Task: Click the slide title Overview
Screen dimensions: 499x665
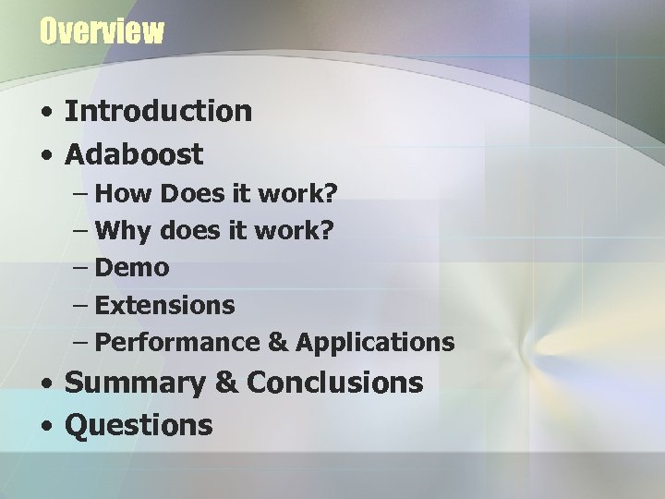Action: [x=102, y=32]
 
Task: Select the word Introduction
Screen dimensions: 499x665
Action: [x=158, y=112]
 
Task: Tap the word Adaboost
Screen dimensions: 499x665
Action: [x=134, y=154]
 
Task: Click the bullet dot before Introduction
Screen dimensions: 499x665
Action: [x=46, y=114]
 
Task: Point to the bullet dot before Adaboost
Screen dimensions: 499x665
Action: [x=46, y=156]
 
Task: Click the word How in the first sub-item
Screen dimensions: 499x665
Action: [x=124, y=194]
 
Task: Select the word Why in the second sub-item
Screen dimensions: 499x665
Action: [x=124, y=231]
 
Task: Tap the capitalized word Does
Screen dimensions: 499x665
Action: [x=190, y=194]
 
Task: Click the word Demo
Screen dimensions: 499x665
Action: [x=132, y=268]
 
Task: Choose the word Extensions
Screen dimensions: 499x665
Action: [x=164, y=305]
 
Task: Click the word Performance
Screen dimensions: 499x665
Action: [x=177, y=343]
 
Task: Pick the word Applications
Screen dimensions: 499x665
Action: [x=375, y=343]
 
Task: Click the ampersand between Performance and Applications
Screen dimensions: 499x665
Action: [x=277, y=343]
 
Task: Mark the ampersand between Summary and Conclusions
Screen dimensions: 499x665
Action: [x=226, y=383]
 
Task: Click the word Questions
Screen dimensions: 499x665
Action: [x=139, y=425]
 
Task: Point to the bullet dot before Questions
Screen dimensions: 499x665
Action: [x=46, y=427]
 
